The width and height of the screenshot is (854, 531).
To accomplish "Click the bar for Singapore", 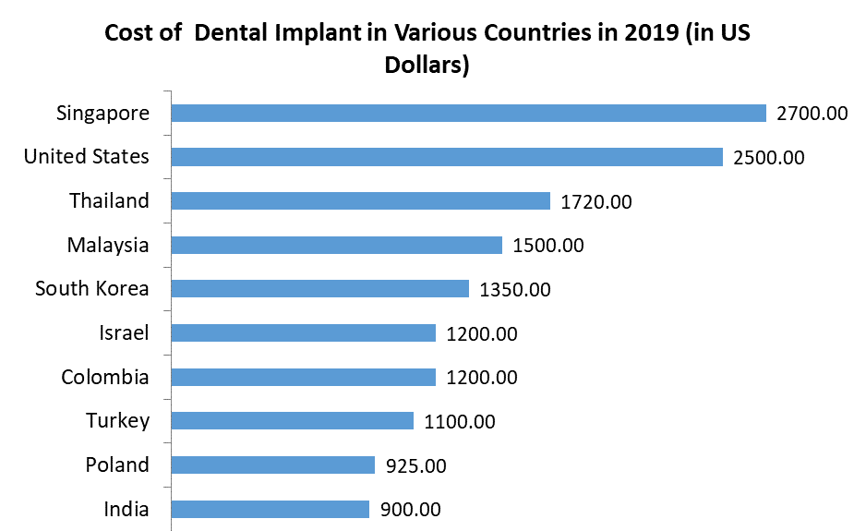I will [469, 113].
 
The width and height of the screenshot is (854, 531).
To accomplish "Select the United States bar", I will [447, 157].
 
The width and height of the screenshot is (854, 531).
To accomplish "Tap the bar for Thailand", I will [361, 200].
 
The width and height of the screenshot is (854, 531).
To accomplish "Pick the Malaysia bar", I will [337, 245].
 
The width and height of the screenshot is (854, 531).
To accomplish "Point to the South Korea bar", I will [320, 289].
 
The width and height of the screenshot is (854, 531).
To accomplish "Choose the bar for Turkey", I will [293, 421].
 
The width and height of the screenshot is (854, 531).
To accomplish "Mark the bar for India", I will [271, 509].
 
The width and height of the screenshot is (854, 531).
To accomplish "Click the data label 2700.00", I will [812, 114].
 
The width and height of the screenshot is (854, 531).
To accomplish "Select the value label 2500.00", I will [768, 158].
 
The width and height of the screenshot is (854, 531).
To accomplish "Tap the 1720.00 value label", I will [595, 201].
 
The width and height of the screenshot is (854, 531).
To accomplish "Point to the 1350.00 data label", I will [514, 290].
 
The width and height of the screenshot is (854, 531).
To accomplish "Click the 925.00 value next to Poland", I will [415, 465].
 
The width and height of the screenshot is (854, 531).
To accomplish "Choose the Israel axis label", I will [124, 332].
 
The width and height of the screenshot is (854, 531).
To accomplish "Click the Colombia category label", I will [104, 377].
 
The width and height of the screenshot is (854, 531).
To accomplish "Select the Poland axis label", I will [116, 465].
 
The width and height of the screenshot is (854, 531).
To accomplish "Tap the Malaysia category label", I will [107, 245].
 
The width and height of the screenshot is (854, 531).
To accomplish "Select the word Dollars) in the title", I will [427, 66].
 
